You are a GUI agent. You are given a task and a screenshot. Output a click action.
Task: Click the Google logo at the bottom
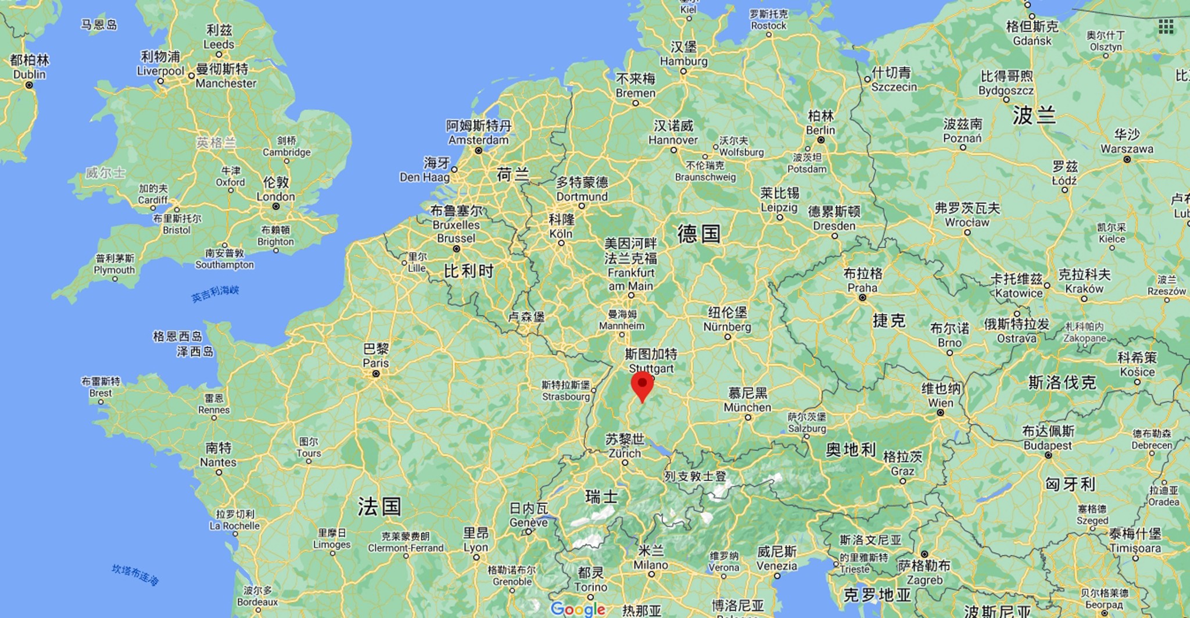point(578,609)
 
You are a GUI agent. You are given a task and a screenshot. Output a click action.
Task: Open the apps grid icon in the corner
point(1166,26)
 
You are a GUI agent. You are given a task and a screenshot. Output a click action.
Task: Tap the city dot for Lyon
point(476,557)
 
